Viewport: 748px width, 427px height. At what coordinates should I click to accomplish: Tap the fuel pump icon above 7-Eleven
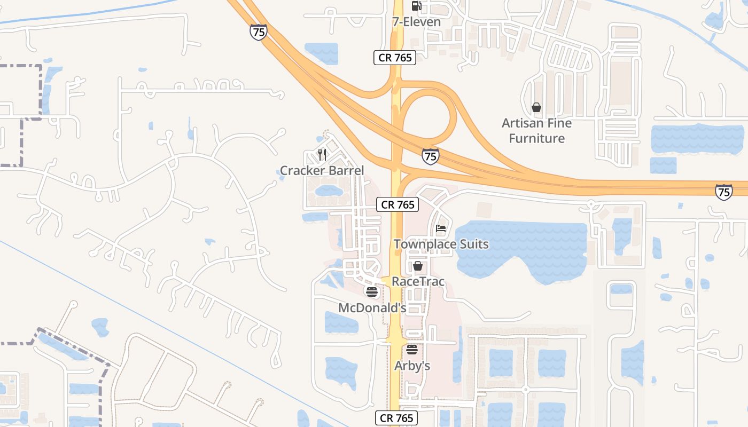416,6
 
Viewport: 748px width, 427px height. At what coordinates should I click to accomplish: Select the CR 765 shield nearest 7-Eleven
395,58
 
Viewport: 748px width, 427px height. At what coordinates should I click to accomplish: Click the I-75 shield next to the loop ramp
430,156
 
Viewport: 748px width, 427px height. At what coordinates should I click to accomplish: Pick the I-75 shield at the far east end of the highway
723,192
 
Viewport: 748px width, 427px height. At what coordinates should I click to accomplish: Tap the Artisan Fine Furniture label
536,131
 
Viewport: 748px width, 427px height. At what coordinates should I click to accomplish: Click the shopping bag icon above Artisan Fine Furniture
536,108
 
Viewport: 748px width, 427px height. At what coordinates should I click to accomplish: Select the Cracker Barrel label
322,171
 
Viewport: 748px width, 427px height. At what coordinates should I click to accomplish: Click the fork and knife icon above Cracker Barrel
322,155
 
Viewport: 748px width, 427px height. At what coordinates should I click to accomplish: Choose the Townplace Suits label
441,244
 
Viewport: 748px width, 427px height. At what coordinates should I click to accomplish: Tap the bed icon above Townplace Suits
441,229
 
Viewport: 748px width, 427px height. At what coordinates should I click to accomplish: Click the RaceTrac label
418,281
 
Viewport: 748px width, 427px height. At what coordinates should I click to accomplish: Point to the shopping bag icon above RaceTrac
418,266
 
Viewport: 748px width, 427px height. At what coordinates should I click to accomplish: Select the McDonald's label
372,308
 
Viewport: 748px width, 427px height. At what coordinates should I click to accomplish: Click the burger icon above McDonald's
372,292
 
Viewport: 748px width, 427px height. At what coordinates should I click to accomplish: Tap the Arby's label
412,366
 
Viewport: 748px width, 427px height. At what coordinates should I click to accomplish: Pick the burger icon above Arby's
411,350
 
